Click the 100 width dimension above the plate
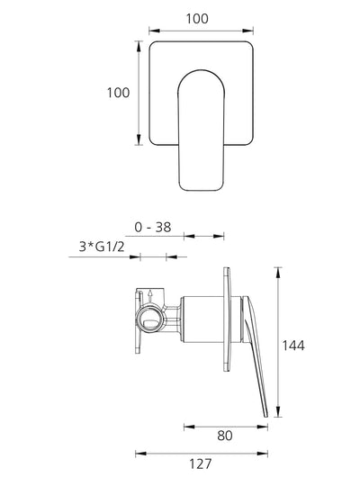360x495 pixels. (197, 19)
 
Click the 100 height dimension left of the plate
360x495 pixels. (118, 93)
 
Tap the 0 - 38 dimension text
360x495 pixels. (153, 228)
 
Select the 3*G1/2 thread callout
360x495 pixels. (102, 247)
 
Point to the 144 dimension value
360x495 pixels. (293, 346)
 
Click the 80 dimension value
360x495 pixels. (225, 436)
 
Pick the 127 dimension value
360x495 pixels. (200, 464)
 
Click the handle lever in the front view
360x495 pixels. (202, 130)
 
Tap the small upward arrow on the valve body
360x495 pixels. (150, 296)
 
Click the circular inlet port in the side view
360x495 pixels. (150, 318)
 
